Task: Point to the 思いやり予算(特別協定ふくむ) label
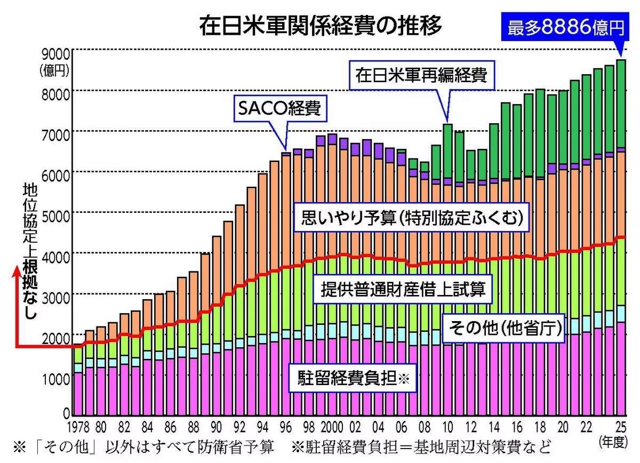coord(411,218)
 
